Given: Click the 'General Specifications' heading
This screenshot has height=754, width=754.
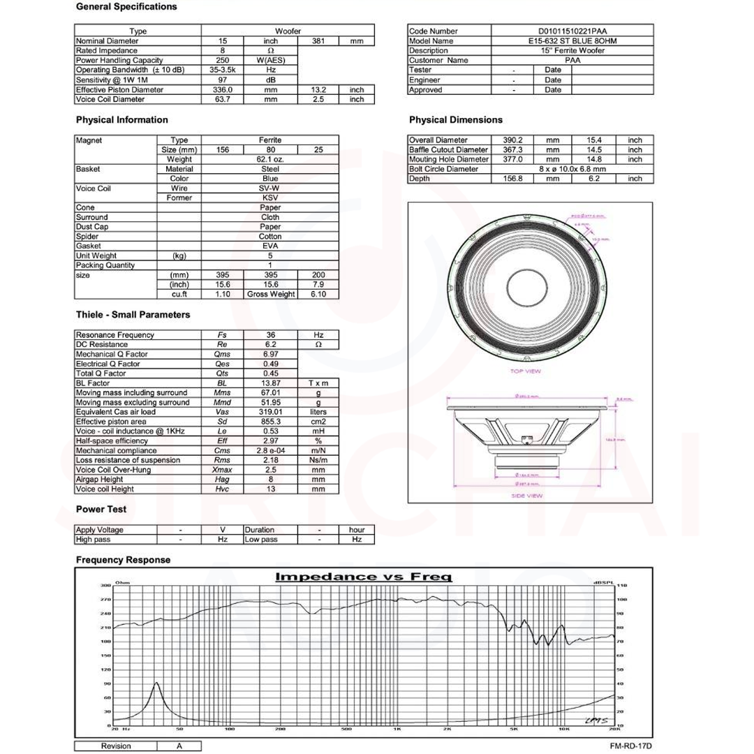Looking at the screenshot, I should pos(126,7).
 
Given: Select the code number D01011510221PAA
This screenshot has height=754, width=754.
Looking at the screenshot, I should pos(572,31).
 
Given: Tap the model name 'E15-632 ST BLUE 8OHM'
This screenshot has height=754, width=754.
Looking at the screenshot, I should pos(572,41).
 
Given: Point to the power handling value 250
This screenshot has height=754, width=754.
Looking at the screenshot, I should pos(223,61).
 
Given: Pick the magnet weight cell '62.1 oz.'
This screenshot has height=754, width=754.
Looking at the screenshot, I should pos(270,160).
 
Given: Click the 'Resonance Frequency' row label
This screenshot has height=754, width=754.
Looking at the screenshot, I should pos(116,335).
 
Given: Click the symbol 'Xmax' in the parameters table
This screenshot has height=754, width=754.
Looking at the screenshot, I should pos(222,470).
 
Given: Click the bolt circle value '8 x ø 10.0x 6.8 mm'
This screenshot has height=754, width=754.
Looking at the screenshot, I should pos(572,169).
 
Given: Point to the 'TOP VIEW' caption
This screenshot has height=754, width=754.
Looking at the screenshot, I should pos(526,371).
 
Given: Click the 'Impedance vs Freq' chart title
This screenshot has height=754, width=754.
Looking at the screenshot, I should pos(364,577).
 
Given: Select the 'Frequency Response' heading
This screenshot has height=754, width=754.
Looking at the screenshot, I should pos(123,560).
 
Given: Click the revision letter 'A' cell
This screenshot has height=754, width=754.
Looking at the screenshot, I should pos(179,746).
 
